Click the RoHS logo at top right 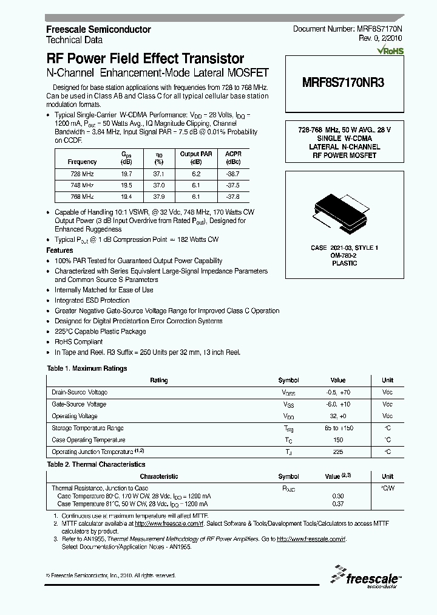tap(389, 51)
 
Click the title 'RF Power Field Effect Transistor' tap(146, 59)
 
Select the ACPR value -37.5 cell tap(232, 185)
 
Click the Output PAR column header tap(195, 154)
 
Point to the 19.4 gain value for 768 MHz tap(127, 196)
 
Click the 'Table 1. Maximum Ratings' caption tap(87, 368)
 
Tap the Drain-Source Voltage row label tap(80, 393)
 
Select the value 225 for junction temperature tap(338, 452)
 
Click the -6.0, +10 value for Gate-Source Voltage tap(338, 404)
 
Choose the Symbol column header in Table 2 tap(288, 476)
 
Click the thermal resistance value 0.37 tap(338, 504)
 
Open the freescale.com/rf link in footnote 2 tap(169, 523)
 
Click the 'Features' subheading tap(59, 250)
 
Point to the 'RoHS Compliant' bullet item tap(79, 342)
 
